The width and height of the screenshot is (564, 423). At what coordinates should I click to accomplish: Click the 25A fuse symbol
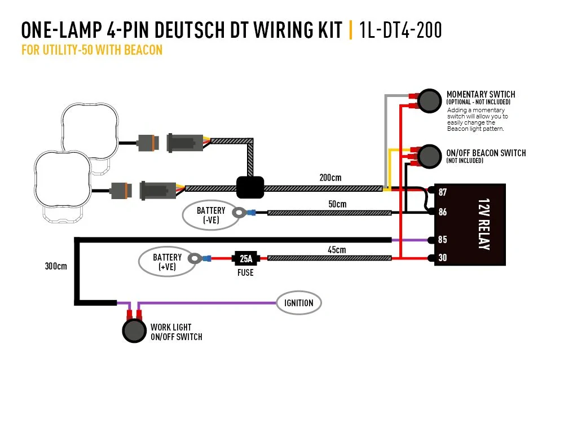[246, 259]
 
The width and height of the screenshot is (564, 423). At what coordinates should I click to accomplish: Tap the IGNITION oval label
[298, 303]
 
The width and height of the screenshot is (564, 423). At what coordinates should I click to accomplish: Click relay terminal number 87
[442, 192]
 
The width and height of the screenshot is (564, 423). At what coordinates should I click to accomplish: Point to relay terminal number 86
[442, 212]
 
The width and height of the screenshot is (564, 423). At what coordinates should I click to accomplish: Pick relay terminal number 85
[442, 240]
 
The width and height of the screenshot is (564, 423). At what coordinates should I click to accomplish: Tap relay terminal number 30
[442, 258]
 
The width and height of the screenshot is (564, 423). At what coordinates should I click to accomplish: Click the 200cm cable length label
[330, 178]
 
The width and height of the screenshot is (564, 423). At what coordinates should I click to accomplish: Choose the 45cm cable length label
[336, 249]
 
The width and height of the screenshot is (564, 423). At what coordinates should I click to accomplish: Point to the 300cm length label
[56, 266]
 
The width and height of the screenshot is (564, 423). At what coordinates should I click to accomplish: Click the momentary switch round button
[430, 100]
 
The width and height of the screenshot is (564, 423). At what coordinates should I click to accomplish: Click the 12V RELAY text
[483, 224]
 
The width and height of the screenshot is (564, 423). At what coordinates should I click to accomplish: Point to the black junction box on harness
[250, 187]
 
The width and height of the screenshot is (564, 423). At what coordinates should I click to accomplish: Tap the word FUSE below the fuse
[245, 272]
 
